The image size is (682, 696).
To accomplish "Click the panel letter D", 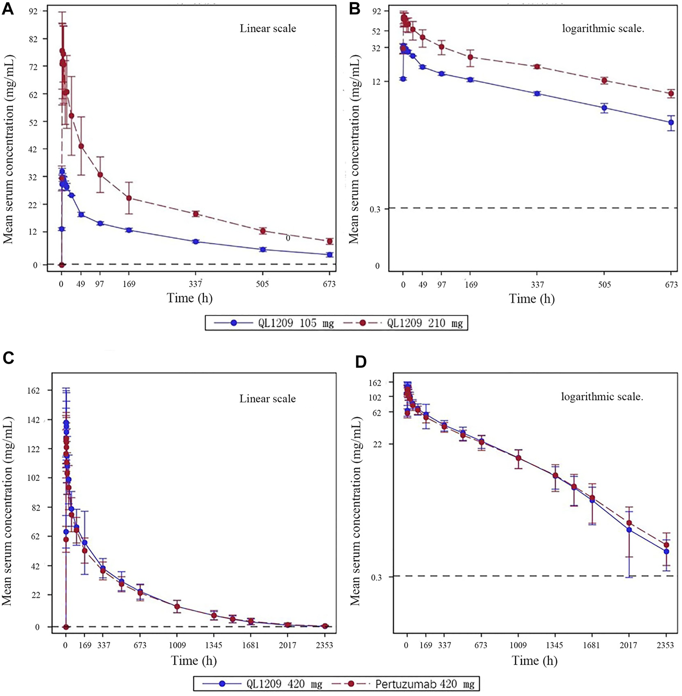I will click(x=361, y=362).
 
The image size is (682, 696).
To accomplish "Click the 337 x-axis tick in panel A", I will click(x=195, y=284).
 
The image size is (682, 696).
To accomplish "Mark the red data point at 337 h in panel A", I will click(x=196, y=214).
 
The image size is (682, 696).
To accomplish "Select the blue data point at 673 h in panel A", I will click(x=330, y=255).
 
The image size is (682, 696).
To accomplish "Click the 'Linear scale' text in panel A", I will click(x=268, y=29).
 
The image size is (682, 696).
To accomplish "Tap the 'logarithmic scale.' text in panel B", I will click(x=603, y=29).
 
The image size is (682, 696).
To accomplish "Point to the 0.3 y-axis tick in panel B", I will click(x=374, y=210).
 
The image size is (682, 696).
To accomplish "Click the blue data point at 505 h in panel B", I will click(x=605, y=108).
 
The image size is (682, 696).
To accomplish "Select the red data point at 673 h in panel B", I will click(x=671, y=94).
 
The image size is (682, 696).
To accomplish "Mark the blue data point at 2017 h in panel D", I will click(x=629, y=530).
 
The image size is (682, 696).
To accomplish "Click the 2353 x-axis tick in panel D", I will click(x=666, y=645).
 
